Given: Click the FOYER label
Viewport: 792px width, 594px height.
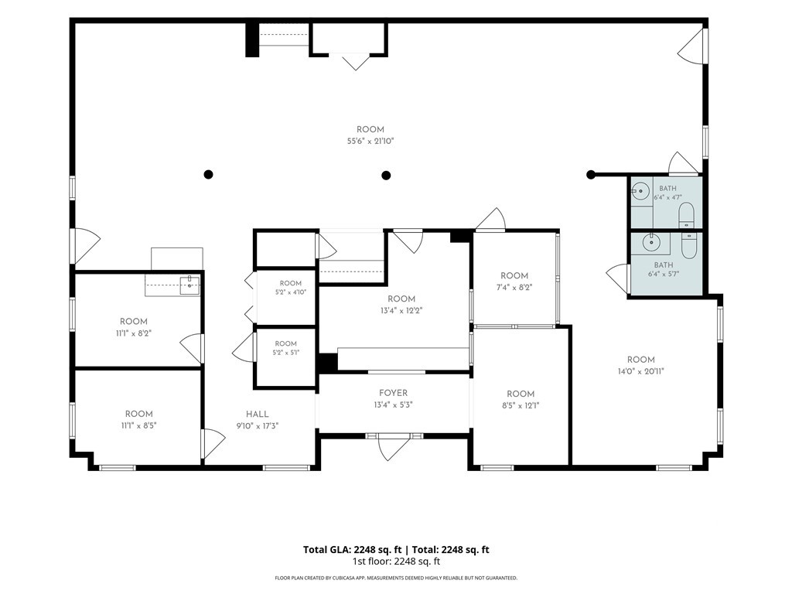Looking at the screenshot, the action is coord(393,393).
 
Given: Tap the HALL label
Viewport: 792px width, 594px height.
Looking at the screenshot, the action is coord(257,415).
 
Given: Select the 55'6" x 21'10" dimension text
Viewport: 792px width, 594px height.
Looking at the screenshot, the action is coord(370,142).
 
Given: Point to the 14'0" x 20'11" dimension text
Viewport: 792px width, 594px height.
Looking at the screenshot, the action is coord(641,371).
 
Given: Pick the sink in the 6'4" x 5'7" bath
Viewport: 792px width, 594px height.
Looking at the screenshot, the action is coord(651,242).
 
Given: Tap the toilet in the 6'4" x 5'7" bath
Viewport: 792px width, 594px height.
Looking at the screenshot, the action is coord(688,245).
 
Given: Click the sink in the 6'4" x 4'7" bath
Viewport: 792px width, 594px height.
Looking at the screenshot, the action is coord(640,191).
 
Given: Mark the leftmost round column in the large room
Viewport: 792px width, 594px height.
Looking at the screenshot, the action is coord(208,175).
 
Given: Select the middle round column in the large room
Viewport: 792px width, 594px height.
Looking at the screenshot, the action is coord(387,176).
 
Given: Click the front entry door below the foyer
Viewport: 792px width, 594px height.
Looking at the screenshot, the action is coord(394,447).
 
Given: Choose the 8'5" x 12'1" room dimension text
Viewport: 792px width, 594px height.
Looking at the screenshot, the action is coord(521,405).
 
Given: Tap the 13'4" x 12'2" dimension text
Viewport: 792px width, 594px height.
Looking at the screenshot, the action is coord(401,311).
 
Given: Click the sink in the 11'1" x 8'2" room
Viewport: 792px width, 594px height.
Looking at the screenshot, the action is coord(190,285).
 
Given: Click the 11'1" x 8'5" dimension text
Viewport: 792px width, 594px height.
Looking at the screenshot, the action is coord(139,425).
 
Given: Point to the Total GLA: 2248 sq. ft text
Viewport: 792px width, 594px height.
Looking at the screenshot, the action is coord(353,550).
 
